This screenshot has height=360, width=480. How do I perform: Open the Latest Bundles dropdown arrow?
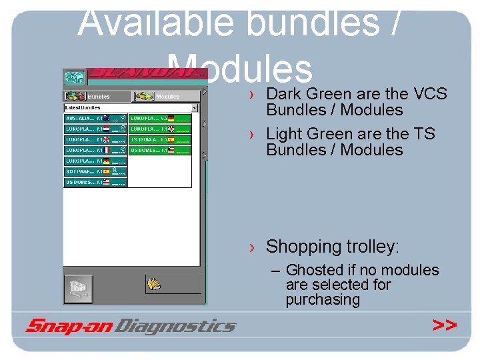tap(195, 107)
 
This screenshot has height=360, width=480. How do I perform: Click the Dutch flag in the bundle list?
tap(106, 129)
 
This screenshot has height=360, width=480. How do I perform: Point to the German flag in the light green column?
tap(171, 118)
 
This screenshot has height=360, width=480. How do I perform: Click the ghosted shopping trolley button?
tap(78, 289)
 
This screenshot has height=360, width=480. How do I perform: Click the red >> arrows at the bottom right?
tap(444, 325)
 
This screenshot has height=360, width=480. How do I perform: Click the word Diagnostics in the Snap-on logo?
tap(176, 326)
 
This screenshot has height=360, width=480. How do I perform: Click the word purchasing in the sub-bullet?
tap(323, 299)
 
